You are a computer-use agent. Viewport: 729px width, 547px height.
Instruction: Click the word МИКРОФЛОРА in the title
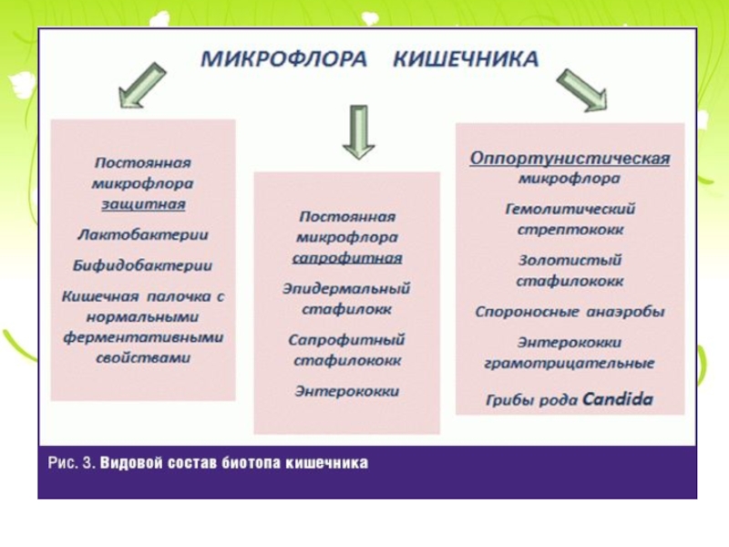click(285, 59)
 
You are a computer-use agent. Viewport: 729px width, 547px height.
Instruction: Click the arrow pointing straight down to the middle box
click(357, 130)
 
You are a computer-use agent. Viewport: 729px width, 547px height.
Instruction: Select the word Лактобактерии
click(142, 235)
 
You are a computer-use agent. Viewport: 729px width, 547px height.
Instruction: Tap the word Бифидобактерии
click(142, 266)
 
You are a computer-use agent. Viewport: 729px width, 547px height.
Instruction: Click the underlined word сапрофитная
click(347, 258)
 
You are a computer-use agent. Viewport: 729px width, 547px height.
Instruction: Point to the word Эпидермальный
click(346, 289)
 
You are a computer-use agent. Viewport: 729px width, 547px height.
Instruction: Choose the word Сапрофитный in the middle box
click(346, 340)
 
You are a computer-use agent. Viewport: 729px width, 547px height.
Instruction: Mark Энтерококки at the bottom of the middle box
click(347, 391)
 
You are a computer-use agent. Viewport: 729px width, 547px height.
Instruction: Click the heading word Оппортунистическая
click(570, 159)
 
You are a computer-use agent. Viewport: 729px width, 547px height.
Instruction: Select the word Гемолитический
click(570, 209)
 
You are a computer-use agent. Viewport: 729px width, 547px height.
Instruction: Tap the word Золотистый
click(570, 260)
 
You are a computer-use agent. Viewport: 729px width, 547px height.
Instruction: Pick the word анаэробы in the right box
click(624, 312)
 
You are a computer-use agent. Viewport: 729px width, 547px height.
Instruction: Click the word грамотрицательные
click(570, 364)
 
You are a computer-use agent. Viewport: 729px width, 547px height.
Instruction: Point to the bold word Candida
click(618, 399)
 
